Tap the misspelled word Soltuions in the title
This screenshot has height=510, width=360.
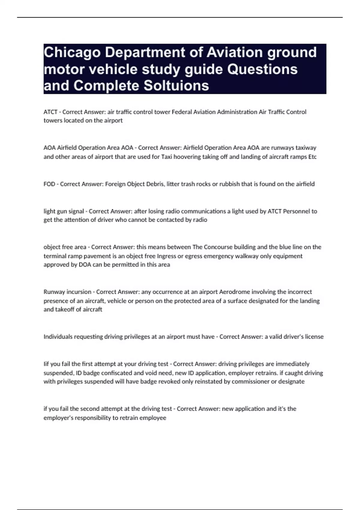(176, 85)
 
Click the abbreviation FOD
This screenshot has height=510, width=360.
(49, 184)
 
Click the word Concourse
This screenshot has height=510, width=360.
(218, 247)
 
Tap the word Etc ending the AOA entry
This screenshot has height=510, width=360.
(312, 157)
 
